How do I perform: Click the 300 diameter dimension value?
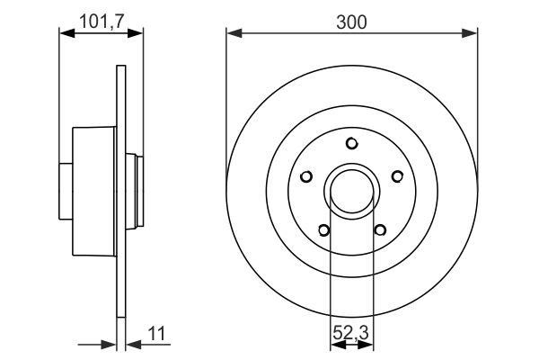point(352,22)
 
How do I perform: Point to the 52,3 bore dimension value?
point(351,334)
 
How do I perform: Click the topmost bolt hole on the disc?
point(352,143)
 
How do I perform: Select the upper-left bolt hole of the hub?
point(307,176)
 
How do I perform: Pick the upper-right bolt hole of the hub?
point(396,176)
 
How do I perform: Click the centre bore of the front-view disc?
point(352,190)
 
